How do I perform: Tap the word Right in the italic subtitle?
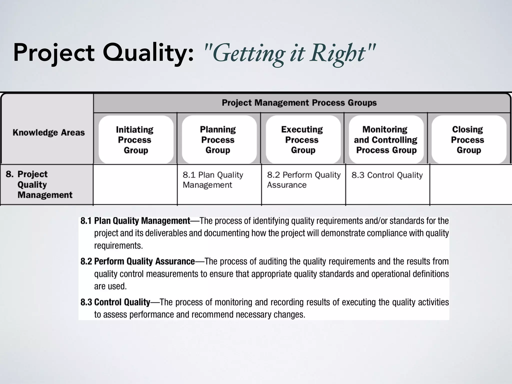340,53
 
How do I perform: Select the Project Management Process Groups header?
299,103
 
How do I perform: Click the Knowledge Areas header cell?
49,132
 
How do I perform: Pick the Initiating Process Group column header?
135,140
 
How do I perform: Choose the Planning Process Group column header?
218,140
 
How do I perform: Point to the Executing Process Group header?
302,140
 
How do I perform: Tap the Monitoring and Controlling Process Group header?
386,140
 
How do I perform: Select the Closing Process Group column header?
468,140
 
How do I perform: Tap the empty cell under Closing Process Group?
470,184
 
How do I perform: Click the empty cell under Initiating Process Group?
135,184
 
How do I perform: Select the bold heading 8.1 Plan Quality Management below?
135,221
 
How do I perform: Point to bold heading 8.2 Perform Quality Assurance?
138,261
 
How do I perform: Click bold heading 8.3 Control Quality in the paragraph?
115,302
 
